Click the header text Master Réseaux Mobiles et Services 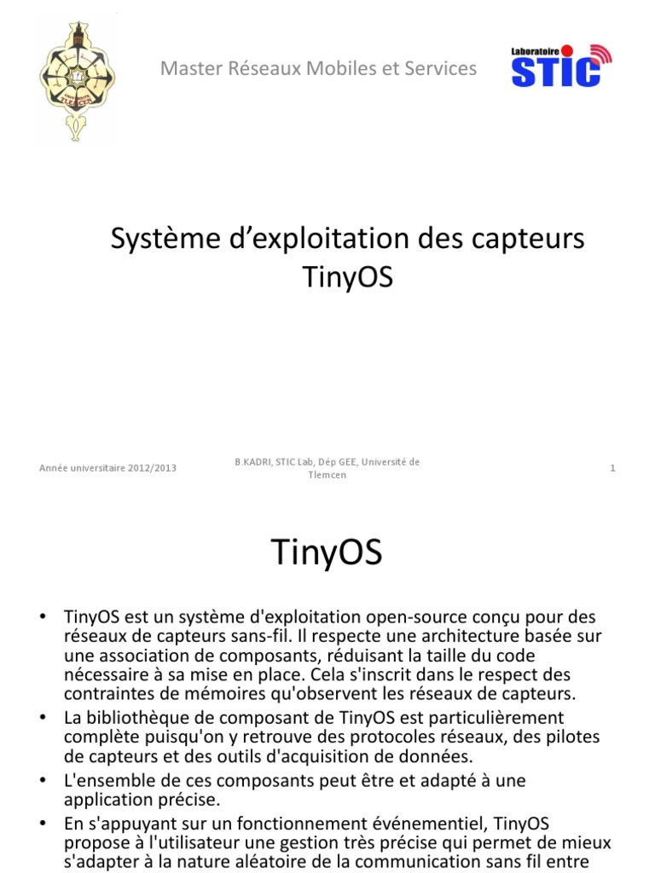(319, 69)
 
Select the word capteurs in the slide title (535, 240)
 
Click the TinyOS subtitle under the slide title (348, 278)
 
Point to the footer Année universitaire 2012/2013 (108, 468)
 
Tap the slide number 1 (612, 468)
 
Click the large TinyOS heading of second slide (327, 553)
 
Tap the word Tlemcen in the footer (327, 475)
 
